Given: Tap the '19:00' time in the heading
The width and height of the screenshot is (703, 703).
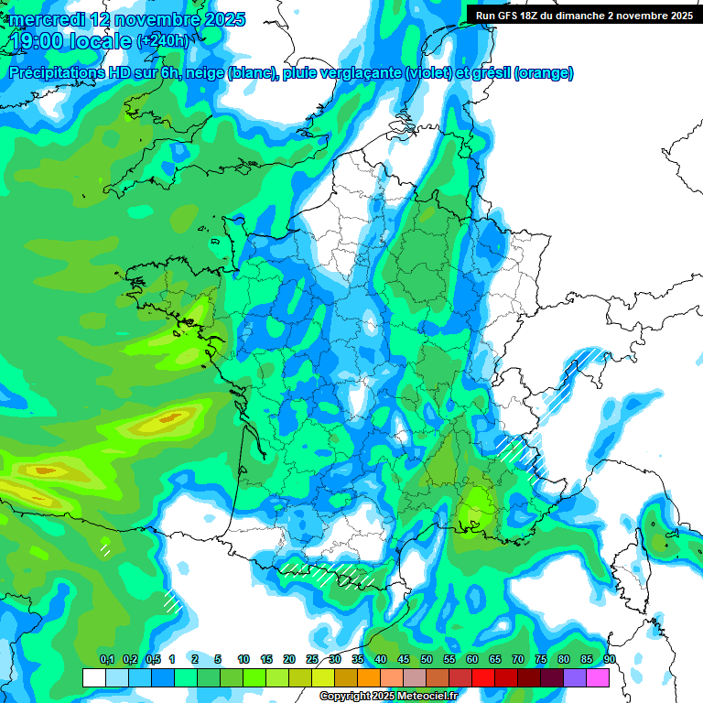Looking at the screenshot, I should point(38,41).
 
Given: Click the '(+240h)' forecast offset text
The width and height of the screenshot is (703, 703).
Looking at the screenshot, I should point(162,41).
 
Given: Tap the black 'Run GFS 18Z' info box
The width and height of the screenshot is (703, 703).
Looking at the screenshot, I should point(584,15).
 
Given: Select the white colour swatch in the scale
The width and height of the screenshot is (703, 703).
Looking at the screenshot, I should point(93,677).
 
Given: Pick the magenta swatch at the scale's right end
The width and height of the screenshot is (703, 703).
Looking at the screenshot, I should point(598,677).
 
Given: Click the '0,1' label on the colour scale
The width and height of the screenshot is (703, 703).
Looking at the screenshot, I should point(107,660).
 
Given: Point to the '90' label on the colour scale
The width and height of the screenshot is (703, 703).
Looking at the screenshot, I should point(610,660).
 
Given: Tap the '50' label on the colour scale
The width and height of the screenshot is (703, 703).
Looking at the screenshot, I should point(427,660).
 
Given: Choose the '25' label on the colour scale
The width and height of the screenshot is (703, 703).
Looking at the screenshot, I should point(312,660).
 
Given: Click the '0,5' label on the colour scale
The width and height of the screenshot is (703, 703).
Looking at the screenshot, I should point(153,660).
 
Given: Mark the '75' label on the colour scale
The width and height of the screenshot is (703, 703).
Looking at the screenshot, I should point(541,660).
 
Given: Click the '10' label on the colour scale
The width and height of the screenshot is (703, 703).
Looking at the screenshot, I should point(243,660).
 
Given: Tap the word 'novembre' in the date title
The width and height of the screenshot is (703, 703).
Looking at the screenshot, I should point(156,19).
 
